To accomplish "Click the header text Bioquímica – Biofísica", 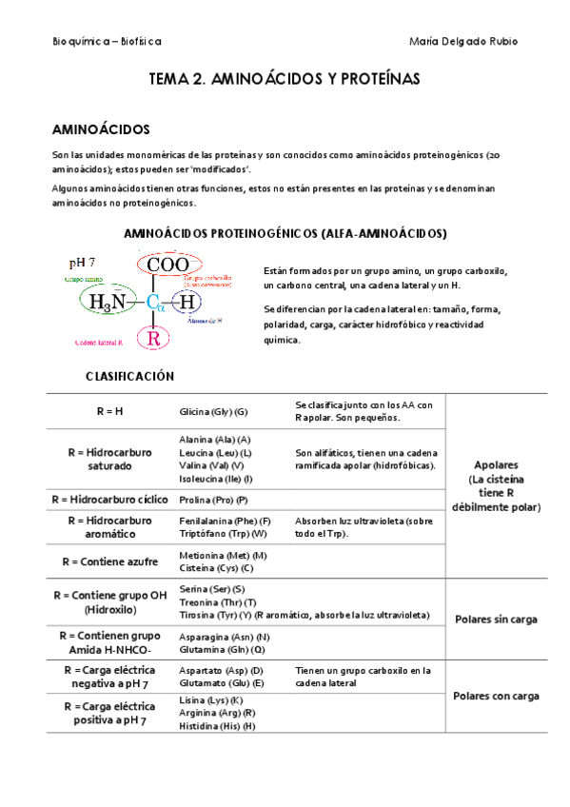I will [107, 42].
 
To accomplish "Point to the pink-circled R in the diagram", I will [154, 337].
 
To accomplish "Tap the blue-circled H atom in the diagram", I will [188, 302].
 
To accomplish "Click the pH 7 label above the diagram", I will [82, 262].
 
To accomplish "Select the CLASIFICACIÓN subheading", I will [129, 376].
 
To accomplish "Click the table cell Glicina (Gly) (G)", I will [213, 411].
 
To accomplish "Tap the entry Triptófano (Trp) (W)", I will [223, 534].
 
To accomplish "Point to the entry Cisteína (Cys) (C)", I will [216, 568].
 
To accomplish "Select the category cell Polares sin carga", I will [496, 619].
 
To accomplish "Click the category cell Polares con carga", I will [496, 696].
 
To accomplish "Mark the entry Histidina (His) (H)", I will [217, 726].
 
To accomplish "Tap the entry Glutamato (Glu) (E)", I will [221, 682].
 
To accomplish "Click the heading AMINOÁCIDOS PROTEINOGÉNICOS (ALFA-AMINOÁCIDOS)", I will [285, 232].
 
